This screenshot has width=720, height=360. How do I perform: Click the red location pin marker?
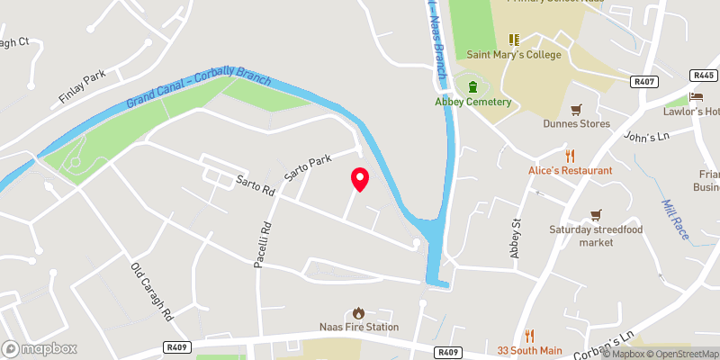coord(360,179)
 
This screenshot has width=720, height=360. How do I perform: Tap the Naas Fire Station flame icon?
coord(359,312)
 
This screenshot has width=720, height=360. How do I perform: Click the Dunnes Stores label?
coord(576,123)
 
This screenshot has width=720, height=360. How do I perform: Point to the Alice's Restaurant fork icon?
coord(571,155)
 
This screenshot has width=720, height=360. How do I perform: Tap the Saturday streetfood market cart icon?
coord(594,214)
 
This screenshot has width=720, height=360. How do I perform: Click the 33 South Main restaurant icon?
coord(529,335)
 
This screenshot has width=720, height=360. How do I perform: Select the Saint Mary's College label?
coord(514,54)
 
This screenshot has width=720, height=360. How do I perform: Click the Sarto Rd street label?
coord(256,184)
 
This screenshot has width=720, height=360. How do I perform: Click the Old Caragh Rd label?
coord(151,292)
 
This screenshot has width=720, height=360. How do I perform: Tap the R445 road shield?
coord(704,76)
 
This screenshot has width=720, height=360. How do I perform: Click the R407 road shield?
coord(643,83)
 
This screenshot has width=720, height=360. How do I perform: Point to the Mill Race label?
coord(676,220)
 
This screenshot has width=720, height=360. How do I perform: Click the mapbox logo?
coord(40,348)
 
